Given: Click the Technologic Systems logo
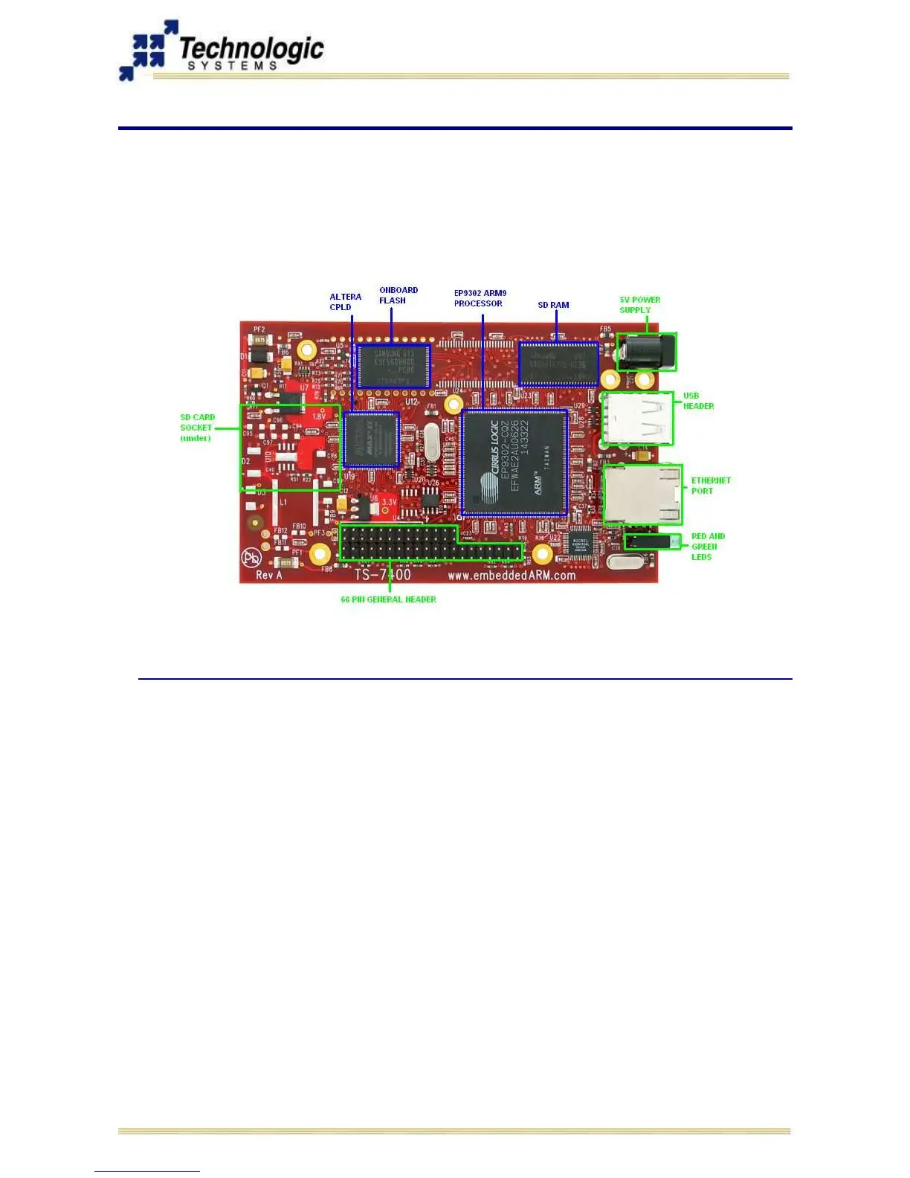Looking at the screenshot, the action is pos(222,51).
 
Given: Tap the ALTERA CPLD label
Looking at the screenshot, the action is pos(345,302).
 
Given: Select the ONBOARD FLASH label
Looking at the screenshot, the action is pos(398,295).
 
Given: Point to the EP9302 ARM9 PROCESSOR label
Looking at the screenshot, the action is pos(480,298).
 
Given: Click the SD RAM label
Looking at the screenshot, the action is pos(553,305).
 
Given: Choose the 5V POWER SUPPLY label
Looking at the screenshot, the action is pos(639,305).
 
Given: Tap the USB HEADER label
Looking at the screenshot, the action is pos(698,401).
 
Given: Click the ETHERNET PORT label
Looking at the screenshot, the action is pos(710,486).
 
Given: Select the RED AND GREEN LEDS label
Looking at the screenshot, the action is pos(707,547).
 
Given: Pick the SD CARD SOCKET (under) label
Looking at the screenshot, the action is pos(197,428).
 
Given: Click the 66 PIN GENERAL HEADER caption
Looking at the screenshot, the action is pos(388,599).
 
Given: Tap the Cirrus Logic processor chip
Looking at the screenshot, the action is pos(514,461).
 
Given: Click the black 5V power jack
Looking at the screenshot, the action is pos(646,352).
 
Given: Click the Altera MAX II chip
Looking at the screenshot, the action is pos(372,440).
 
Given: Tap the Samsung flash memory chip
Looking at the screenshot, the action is pos(393,365).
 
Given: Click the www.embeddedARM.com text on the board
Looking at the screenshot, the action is pos(512,576).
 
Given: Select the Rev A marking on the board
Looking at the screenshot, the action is pos(268,575).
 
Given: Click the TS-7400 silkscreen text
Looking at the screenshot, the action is pos(382,574).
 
